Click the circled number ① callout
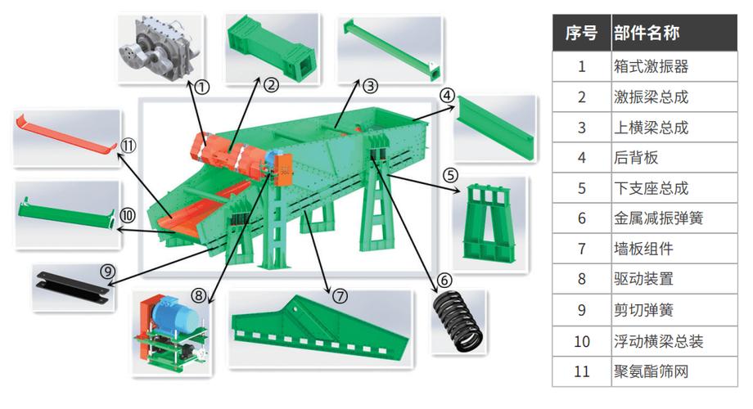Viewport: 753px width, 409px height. click(202, 87)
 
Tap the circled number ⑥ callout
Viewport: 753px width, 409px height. click(444, 280)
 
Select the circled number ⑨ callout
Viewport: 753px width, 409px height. click(107, 272)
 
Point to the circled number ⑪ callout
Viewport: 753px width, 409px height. click(129, 146)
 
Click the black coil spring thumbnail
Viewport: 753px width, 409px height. click(458, 322)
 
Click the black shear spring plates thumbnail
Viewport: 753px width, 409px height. click(72, 287)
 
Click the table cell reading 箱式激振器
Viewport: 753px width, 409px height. click(651, 66)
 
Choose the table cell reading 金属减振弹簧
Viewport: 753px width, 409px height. click(658, 218)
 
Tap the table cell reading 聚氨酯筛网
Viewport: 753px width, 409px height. click(651, 371)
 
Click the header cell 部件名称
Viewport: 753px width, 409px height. click(647, 33)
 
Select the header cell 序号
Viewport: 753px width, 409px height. click(581, 33)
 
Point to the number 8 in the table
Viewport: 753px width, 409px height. click(582, 279)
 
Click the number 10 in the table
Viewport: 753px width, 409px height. click(582, 341)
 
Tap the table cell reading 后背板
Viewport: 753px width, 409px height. click(636, 157)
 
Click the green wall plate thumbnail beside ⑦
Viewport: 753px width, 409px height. click(320, 327)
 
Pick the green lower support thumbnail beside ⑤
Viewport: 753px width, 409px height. click(489, 222)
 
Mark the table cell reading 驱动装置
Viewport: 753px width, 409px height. click(643, 279)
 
